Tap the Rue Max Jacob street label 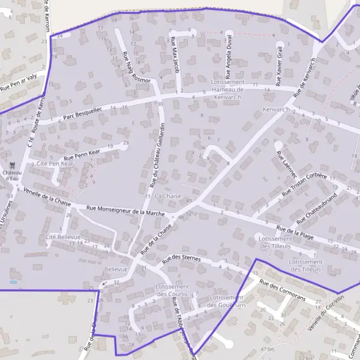point(175,55)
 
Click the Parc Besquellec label point(82,110)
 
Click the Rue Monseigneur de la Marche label point(125,211)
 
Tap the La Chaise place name point(168,196)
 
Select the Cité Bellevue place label point(62,237)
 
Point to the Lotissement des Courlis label point(173,290)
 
